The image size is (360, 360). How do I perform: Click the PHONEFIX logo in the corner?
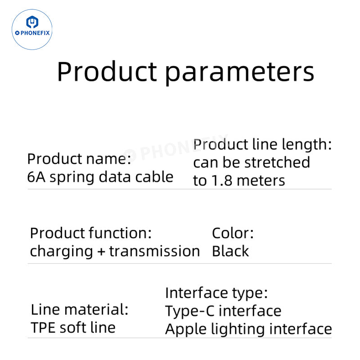pos(32,29)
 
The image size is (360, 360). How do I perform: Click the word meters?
pos(261,180)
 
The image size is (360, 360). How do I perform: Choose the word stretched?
pos(279,162)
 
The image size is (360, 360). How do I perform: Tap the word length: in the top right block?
pos(307,145)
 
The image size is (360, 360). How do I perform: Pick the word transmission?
pos(154,251)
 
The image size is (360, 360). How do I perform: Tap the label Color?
pos(233,233)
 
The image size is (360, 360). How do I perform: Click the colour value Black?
pos(230,251)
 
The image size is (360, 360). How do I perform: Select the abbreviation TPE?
pos(42,328)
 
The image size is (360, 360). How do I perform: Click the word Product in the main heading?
pos(107,72)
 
